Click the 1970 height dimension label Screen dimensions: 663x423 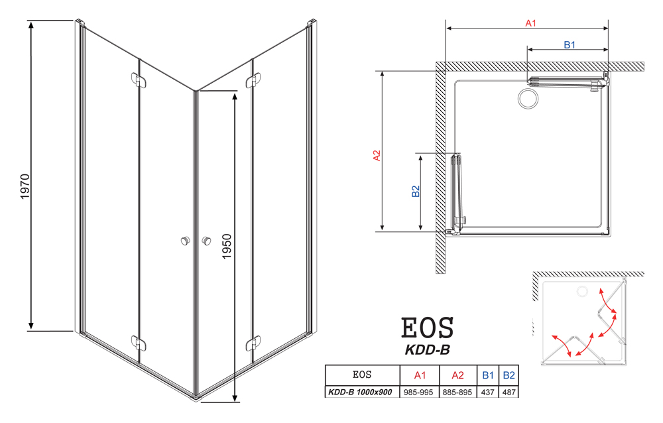click(x=25, y=186)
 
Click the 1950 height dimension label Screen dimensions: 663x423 click(x=227, y=246)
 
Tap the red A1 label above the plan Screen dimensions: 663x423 click(x=530, y=23)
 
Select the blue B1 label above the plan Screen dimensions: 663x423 click(x=570, y=45)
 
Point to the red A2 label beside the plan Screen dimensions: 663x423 click(x=377, y=156)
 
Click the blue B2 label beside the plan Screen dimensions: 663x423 click(x=416, y=191)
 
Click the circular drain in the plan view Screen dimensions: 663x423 click(x=528, y=99)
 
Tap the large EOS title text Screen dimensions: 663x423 click(x=427, y=328)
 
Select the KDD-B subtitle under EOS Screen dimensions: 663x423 click(x=427, y=350)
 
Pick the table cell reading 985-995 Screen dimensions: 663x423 click(x=418, y=392)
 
